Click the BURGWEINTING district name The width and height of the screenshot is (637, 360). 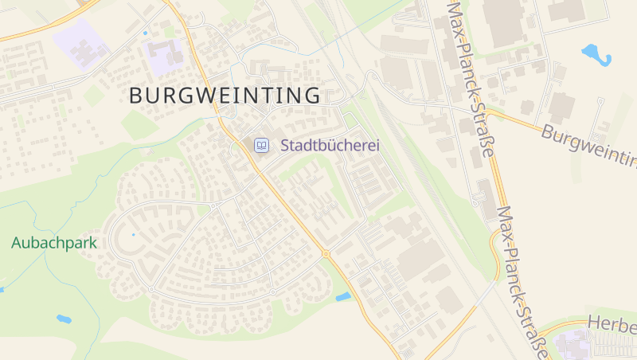coord(225,96)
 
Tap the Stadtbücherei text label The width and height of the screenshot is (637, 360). coord(328,146)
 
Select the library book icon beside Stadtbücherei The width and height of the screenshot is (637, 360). coord(261,146)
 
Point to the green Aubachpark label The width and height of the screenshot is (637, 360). coord(54,243)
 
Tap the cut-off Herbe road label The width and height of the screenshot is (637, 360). coord(612,323)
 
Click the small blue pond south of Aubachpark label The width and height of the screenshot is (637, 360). coord(64,319)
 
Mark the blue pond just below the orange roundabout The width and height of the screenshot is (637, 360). coord(343,297)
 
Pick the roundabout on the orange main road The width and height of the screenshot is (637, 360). coord(326,254)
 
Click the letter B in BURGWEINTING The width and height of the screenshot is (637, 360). coord(135,96)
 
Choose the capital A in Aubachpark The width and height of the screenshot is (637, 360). coord(17,243)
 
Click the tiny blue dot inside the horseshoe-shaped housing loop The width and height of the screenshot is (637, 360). coord(132,236)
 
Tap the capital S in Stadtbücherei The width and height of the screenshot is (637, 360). coord(285,146)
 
